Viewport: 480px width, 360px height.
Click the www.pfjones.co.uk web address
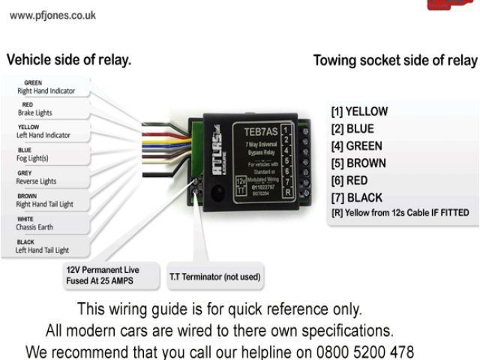(x=52, y=14)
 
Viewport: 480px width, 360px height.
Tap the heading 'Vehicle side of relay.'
(x=69, y=60)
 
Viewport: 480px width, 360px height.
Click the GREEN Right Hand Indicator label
(x=44, y=87)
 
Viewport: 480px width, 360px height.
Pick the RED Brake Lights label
(x=35, y=109)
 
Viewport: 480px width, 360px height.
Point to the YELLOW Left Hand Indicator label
(x=44, y=131)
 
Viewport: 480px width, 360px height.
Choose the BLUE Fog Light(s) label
(x=33, y=154)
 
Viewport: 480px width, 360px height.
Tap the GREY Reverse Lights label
(x=37, y=177)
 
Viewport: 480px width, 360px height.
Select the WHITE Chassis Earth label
(x=36, y=223)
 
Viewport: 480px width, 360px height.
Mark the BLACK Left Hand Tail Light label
(x=43, y=246)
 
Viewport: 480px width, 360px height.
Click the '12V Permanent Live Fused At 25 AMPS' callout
(x=102, y=275)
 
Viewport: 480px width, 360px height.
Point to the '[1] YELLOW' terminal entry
(x=359, y=112)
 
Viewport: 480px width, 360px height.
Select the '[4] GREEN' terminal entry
(x=356, y=146)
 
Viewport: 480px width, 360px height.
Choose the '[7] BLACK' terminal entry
(x=356, y=198)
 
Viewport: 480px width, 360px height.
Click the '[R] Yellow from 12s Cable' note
(x=400, y=213)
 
